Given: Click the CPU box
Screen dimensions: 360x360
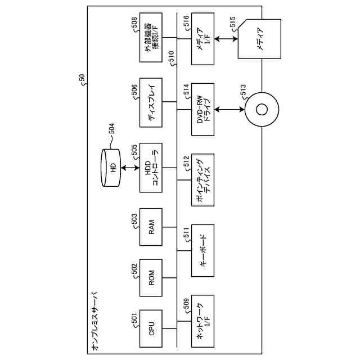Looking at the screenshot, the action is (x=151, y=328).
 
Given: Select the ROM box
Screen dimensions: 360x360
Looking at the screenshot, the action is (x=151, y=277).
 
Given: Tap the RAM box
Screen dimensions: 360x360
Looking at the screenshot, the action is (x=151, y=227).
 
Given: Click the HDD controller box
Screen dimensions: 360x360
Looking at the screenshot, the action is (x=151, y=168).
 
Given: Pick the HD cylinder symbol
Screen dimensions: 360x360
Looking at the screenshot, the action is (x=111, y=168).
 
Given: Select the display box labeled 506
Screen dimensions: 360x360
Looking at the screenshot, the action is (x=151, y=102).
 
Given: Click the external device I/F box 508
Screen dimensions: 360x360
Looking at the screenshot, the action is (x=151, y=38).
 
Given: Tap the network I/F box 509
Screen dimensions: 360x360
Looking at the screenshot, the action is (x=202, y=321).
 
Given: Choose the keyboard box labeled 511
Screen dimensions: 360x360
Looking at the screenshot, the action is (x=202, y=250).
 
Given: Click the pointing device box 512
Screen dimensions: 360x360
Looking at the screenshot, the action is (x=202, y=180).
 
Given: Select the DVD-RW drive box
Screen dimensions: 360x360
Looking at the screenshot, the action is (x=202, y=109).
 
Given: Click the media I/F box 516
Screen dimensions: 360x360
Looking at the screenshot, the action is (x=202, y=39).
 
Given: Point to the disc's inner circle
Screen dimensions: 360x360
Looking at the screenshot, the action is (x=262, y=110).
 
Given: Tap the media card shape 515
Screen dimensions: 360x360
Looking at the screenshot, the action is (x=259, y=39).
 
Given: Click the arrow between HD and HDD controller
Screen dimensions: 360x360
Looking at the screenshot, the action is (x=130, y=168).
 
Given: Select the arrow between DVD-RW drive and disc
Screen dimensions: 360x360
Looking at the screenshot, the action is (x=229, y=110).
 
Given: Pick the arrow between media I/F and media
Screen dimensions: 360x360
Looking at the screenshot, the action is (x=226, y=39).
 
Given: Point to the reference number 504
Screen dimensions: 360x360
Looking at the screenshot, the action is (x=112, y=129).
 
